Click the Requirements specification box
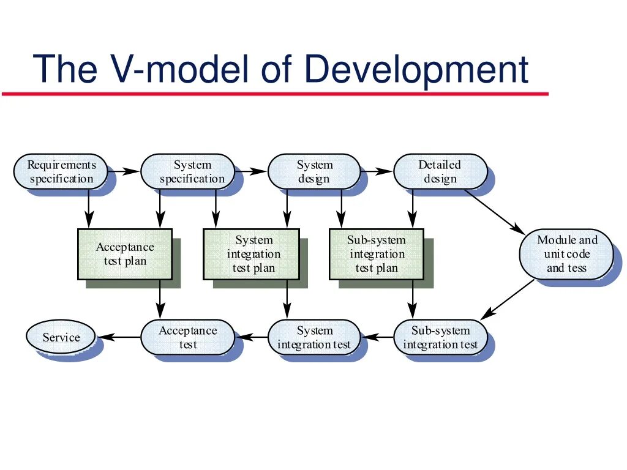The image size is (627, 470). [61, 171]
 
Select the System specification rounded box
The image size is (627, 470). [188, 171]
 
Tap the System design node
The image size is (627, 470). [314, 171]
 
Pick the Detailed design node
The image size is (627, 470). [440, 171]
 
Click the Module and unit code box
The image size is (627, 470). [566, 254]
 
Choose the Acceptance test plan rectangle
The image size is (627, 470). [125, 254]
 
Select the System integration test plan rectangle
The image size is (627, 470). [251, 254]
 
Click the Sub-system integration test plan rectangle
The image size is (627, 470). [377, 254]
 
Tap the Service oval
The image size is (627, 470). [61, 337]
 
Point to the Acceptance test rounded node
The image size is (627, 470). [188, 337]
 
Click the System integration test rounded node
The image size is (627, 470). [314, 337]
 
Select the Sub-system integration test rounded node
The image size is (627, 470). [440, 337]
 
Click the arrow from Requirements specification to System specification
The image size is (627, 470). [124, 171]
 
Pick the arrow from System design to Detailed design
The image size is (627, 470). [377, 171]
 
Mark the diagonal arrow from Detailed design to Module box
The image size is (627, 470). [494, 212]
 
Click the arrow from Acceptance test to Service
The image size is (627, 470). [119, 337]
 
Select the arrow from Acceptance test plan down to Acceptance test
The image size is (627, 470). [160, 300]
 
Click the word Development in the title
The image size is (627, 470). [416, 69]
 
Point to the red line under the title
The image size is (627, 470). [276, 94]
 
